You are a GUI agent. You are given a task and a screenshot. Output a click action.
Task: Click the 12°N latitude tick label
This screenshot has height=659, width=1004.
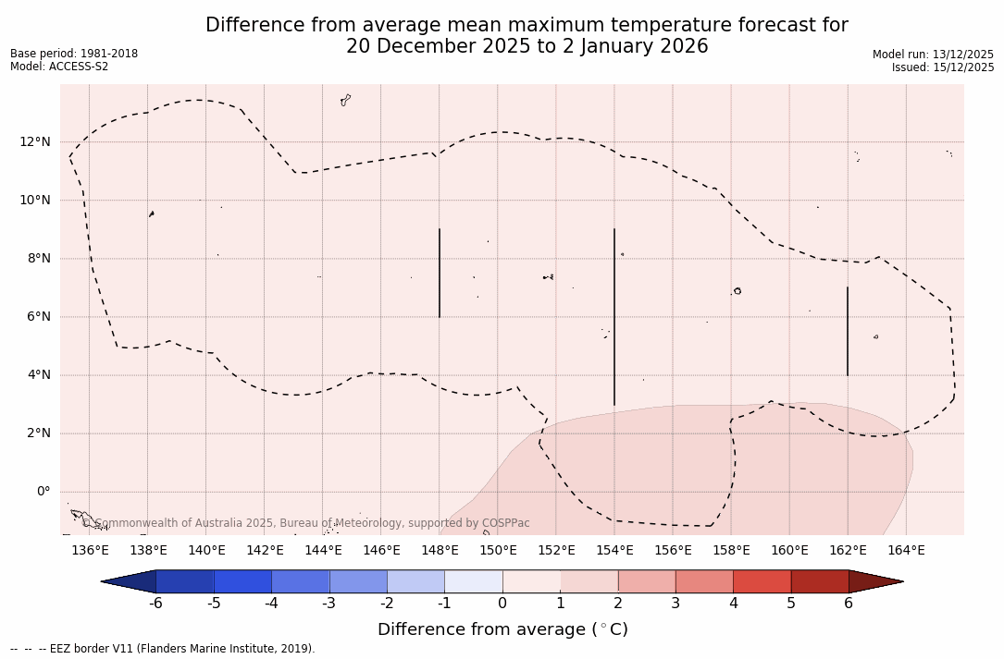click(35, 141)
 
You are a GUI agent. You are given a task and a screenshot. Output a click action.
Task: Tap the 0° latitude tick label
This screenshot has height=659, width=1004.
click(43, 492)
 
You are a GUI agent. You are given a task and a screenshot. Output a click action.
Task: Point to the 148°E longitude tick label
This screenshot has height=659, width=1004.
click(440, 551)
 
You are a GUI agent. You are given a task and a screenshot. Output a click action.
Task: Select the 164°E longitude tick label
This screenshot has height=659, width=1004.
click(906, 551)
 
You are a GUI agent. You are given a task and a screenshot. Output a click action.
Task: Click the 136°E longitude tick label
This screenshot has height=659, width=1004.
click(90, 551)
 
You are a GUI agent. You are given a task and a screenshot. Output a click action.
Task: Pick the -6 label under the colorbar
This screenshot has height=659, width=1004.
click(155, 604)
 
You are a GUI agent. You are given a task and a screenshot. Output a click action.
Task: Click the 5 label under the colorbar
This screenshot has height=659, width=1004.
click(791, 604)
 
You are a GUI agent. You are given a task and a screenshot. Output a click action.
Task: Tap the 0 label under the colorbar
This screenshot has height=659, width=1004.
click(502, 604)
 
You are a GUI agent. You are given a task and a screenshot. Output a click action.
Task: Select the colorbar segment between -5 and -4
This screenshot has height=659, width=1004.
click(242, 581)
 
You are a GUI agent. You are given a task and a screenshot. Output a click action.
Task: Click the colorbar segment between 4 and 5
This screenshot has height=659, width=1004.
click(762, 581)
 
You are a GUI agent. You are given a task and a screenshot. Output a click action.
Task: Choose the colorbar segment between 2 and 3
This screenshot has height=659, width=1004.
click(646, 581)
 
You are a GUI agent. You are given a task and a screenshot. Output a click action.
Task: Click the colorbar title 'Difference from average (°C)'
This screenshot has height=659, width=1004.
click(502, 629)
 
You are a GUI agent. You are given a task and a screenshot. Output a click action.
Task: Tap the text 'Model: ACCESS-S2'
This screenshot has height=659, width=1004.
click(59, 67)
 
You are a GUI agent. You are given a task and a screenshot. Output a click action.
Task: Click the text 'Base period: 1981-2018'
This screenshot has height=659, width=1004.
click(74, 54)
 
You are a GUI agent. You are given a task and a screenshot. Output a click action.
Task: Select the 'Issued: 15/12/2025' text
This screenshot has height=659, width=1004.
click(943, 67)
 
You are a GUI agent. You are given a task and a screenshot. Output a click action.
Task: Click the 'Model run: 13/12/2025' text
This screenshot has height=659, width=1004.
click(933, 55)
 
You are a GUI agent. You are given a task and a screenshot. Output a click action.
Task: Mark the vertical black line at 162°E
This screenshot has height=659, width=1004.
click(848, 331)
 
